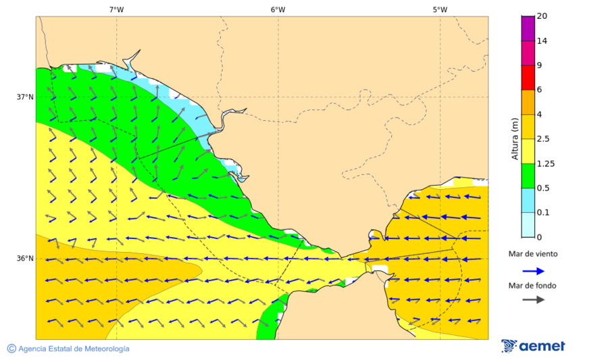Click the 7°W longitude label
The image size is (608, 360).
point(116,9)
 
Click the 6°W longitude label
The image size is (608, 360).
point(278,9)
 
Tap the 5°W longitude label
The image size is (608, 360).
point(440,9)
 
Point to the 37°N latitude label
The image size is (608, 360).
point(25,97)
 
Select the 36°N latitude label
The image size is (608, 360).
point(25,259)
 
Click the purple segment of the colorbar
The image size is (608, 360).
point(527,28)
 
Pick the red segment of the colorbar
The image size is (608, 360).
point(527,77)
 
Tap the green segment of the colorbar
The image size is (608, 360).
point(527,175)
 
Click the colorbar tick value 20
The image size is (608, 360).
point(542,16)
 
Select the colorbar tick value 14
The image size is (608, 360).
point(542,41)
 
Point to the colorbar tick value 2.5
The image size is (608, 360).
point(543,138)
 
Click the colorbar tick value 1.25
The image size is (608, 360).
point(545,163)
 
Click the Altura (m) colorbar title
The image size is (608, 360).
point(515,139)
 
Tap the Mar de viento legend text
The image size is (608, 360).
point(533,254)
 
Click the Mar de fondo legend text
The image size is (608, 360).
point(533,285)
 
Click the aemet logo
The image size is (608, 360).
point(533,346)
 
